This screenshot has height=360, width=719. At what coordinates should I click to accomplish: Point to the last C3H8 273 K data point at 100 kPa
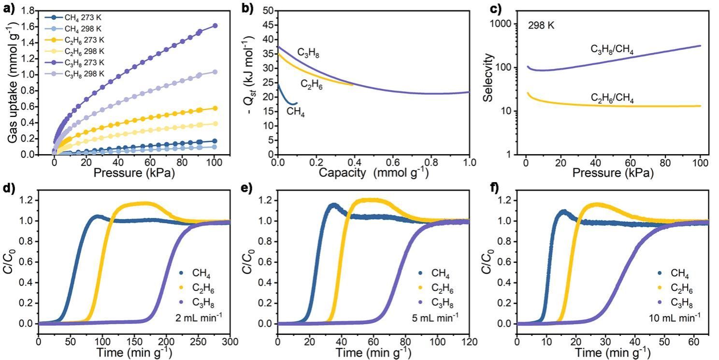point(215,26)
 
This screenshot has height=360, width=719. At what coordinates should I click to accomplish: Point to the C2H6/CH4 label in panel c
point(612,99)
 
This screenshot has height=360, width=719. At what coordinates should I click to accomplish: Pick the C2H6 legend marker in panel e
point(421,288)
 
